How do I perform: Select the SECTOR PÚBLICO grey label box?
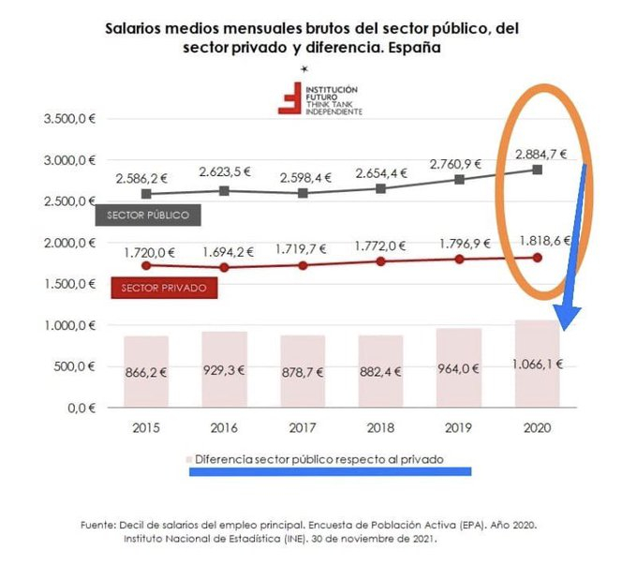pyautogui.click(x=148, y=216)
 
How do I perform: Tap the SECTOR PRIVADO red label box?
pyautogui.click(x=164, y=288)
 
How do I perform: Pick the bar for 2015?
pyautogui.click(x=146, y=371)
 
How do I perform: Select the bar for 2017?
pyautogui.click(x=302, y=371)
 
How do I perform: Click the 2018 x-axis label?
pyautogui.click(x=379, y=427)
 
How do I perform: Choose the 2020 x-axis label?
pyautogui.click(x=536, y=427)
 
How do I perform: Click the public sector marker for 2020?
pyautogui.click(x=536, y=171)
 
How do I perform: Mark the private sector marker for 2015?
pyautogui.click(x=146, y=265)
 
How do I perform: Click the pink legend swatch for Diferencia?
pyautogui.click(x=190, y=460)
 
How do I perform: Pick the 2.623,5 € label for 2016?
pyautogui.click(x=224, y=171)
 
